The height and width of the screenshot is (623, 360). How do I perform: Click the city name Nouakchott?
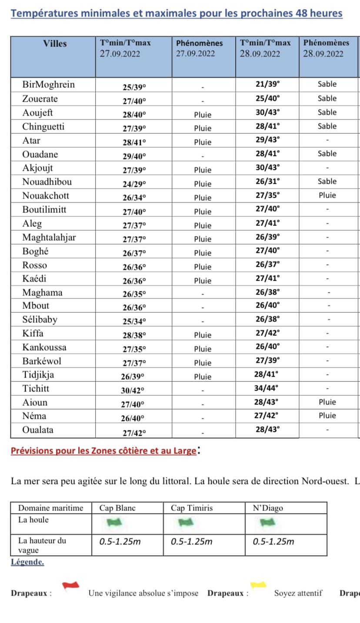(x=46, y=196)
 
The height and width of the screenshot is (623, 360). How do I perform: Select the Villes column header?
(x=55, y=43)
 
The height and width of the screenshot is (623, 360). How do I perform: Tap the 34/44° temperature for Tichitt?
(x=267, y=388)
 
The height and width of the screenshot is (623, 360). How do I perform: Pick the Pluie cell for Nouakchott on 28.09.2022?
(x=327, y=196)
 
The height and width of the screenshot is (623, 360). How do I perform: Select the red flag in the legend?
(x=70, y=585)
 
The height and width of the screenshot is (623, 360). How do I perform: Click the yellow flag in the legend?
(x=258, y=585)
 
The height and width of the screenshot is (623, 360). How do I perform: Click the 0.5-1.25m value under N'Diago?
(x=273, y=541)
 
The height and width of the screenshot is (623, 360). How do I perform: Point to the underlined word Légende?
(x=27, y=562)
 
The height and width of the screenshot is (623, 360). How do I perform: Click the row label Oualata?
(x=38, y=430)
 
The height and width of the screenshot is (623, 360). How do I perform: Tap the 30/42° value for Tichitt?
(x=133, y=391)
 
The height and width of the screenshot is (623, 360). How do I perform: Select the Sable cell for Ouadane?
(x=327, y=154)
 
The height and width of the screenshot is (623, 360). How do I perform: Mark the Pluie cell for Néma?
(x=327, y=416)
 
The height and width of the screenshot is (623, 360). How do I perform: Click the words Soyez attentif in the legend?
(x=298, y=593)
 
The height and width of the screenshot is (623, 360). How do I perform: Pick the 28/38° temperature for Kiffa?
(x=134, y=335)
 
